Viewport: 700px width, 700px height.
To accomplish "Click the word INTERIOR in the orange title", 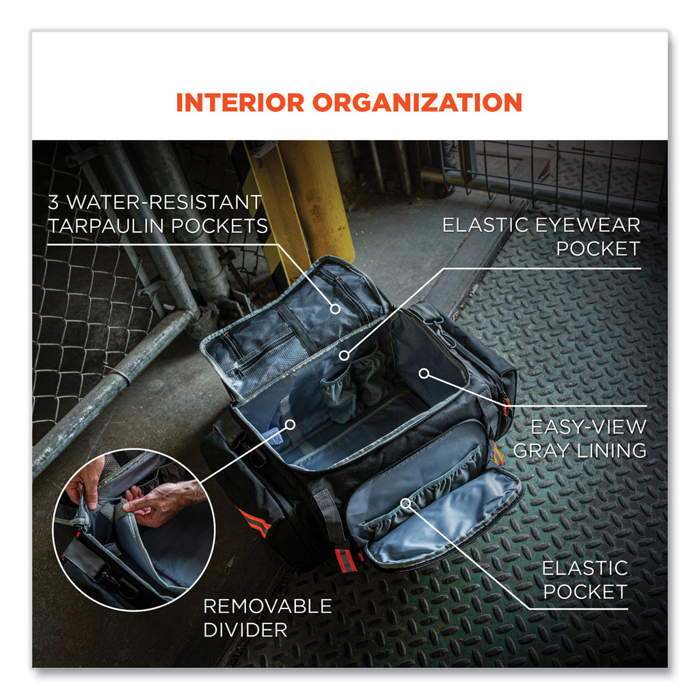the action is coord(240,103).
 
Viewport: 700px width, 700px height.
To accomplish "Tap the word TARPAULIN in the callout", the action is coord(106,226).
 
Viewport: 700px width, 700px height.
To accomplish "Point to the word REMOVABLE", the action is coord(267,606).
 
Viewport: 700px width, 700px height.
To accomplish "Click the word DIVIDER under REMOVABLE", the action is coord(245,630).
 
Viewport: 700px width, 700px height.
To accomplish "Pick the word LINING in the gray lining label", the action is coord(612,450).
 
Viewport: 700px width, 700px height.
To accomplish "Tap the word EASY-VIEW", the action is coord(589,427).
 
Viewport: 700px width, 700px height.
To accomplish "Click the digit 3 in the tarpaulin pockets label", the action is coord(53,202).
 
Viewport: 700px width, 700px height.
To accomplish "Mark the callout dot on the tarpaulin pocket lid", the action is coord(335,308).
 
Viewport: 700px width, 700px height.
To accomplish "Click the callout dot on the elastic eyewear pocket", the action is coord(344,355).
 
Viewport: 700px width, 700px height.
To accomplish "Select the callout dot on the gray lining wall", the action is coord(424,373).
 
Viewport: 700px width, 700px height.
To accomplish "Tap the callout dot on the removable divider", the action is coord(290,424).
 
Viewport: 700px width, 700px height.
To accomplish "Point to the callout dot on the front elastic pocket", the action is coord(405,504).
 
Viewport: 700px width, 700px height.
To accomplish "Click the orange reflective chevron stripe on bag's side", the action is coord(254,522).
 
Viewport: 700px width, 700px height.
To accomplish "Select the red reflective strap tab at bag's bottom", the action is coord(346,560).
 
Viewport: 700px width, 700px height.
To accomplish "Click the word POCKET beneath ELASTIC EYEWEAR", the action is coord(598,249).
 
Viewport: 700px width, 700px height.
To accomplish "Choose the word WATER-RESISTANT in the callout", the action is coord(164,202).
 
